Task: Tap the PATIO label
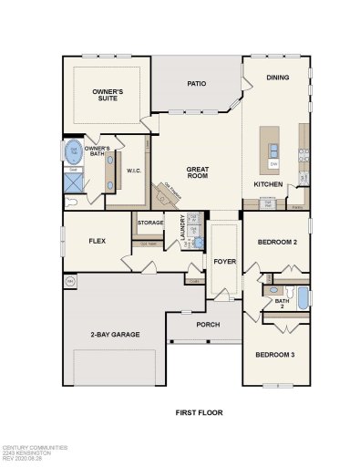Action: pos(196,84)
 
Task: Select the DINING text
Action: pos(277,78)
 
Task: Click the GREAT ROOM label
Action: pos(198,173)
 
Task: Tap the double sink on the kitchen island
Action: pos(273,147)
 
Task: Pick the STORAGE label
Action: pos(150,223)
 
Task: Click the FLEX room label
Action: pos(98,242)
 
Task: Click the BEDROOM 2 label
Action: pos(277,243)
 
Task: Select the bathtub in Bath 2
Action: pos(302,298)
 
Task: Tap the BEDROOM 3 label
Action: pos(277,355)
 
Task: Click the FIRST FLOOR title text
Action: pos(199,412)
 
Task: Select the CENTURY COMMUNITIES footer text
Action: pos(34,448)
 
